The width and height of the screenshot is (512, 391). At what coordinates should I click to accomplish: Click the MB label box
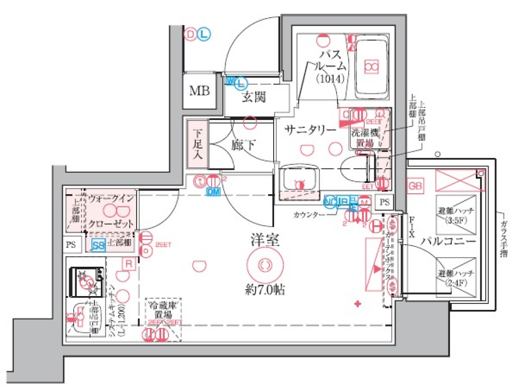[200, 91]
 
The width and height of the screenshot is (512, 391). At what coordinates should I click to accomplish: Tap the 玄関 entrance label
[254, 97]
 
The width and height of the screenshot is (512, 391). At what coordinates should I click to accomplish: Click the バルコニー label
[448, 241]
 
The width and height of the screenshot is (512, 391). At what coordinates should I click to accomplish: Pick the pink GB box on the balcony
[415, 186]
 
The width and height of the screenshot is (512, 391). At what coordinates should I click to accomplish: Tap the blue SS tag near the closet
[98, 245]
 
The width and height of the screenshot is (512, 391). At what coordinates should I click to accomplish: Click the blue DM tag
[213, 191]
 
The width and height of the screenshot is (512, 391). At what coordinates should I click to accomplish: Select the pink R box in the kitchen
[128, 263]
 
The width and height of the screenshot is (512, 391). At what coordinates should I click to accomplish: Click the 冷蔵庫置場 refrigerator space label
[163, 312]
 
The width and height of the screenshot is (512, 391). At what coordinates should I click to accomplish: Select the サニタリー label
[310, 130]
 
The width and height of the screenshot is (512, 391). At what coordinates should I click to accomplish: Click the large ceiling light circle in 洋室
[265, 264]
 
